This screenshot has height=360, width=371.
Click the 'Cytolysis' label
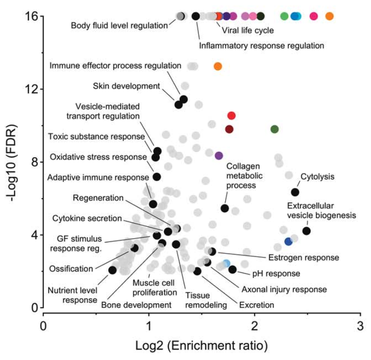pyautogui.click(x=317, y=177)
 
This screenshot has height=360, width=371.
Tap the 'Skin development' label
pyautogui.click(x=126, y=86)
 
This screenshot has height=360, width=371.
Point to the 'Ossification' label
pyautogui.click(x=71, y=269)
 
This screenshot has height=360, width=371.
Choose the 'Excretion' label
pyautogui.click(x=257, y=305)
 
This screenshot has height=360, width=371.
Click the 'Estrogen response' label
pyautogui.click(x=303, y=258)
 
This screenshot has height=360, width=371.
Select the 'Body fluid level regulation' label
pyautogui.click(x=119, y=25)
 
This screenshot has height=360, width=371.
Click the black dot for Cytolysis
pyautogui.click(x=295, y=192)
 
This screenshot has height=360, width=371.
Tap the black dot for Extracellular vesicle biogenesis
pyautogui.click(x=306, y=231)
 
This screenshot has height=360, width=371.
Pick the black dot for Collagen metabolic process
pyautogui.click(x=225, y=208)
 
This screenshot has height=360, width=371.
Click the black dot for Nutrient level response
pyautogui.click(x=112, y=270)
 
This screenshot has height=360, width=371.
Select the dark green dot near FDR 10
pyautogui.click(x=275, y=129)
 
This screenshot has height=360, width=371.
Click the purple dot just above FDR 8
pyautogui.click(x=219, y=156)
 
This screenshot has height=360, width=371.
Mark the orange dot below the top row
pyautogui.click(x=217, y=66)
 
